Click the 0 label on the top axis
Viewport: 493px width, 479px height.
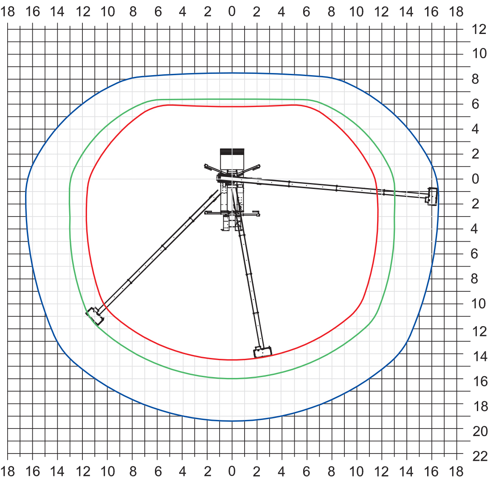(x=232, y=11)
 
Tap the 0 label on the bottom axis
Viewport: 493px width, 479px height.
(x=232, y=471)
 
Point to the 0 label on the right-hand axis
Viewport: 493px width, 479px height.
(x=476, y=179)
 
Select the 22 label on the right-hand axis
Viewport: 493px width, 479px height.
(x=480, y=456)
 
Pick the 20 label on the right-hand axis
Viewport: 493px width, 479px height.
(x=480, y=431)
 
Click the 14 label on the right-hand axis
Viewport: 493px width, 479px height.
(x=480, y=356)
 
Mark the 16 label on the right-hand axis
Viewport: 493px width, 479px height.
(x=480, y=381)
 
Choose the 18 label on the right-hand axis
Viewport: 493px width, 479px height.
(x=480, y=406)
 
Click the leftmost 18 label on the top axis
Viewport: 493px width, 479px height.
(x=8, y=11)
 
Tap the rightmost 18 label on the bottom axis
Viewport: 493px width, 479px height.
(x=456, y=471)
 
